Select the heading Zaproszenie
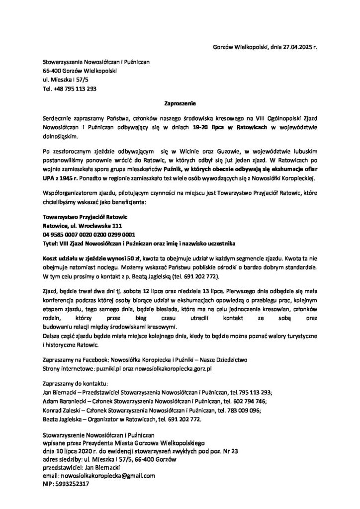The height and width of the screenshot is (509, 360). point(180,104)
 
